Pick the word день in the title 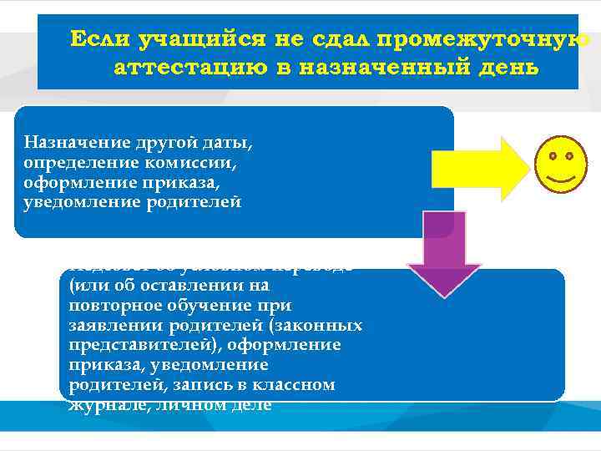508,67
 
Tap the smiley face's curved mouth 560,178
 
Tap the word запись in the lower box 201,385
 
